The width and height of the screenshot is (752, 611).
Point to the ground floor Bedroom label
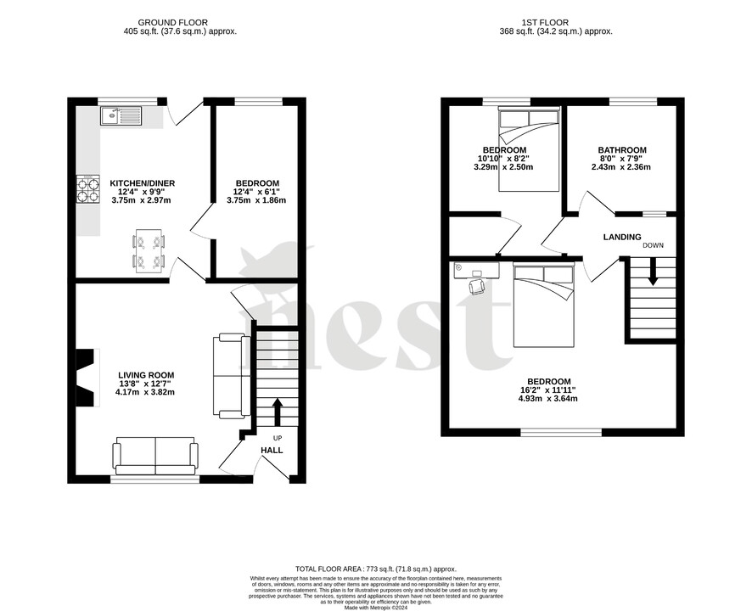[x=257, y=183]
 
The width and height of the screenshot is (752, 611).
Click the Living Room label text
[x=146, y=374]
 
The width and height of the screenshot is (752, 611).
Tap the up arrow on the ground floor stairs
[x=277, y=413]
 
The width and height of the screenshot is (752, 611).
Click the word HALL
[x=272, y=450]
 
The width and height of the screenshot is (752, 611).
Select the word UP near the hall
[x=277, y=438]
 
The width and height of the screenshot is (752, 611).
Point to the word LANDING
[x=622, y=237]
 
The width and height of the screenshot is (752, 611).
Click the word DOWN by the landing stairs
[x=654, y=245]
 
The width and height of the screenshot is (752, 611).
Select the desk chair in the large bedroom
[x=477, y=287]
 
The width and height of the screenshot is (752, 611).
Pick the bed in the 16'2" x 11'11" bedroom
[x=544, y=305]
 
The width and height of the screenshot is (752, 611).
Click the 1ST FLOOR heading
[x=552, y=23]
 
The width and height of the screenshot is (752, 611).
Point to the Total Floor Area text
[x=375, y=569]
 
